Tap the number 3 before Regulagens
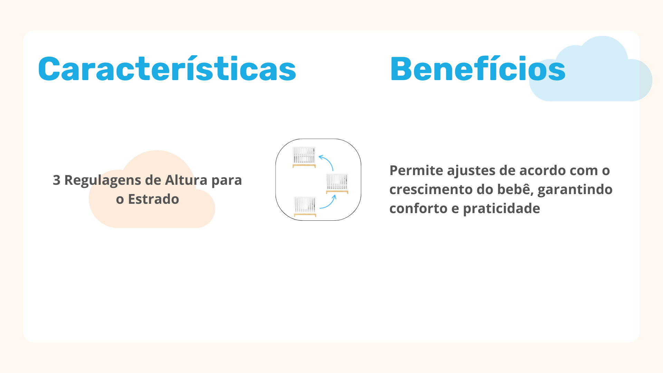point(57,180)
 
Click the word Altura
point(186,180)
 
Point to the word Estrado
point(154,199)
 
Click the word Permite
point(416,170)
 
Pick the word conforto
point(418,208)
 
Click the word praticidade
point(501,209)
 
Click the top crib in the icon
point(304,157)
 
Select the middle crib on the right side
point(337,183)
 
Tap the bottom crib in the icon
point(305,207)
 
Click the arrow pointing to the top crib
point(328,160)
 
